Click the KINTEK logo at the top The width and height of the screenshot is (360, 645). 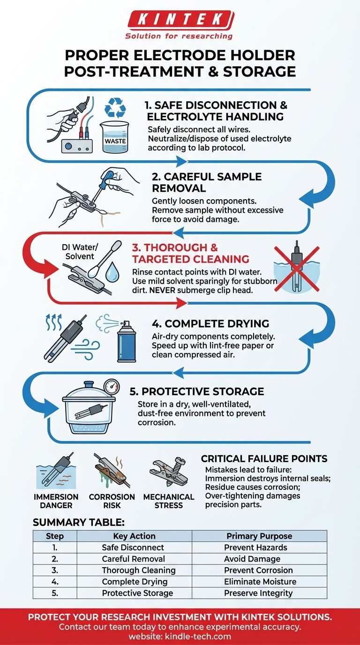(180, 25)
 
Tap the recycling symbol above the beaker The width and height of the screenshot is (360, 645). (115, 108)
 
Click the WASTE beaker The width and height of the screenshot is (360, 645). (115, 137)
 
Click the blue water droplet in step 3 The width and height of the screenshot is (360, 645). (112, 273)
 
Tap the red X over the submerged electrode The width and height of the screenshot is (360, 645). (297, 269)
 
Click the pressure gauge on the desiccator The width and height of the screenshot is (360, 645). (112, 387)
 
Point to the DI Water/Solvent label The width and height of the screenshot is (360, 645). (80, 252)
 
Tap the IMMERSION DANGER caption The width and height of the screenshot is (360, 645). (56, 501)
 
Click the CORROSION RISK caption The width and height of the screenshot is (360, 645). (112, 501)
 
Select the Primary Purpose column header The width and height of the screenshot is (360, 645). (259, 536)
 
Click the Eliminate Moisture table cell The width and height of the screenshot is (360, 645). (260, 582)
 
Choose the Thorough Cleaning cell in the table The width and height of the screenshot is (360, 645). (139, 570)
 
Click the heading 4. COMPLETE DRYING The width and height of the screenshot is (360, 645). (210, 323)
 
